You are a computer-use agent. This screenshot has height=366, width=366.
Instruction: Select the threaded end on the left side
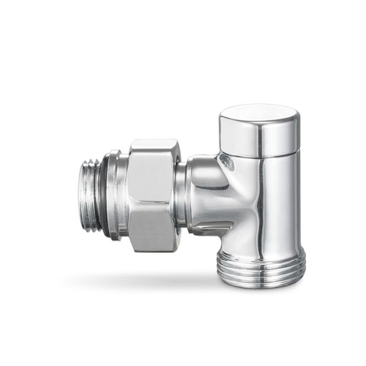point(93,192)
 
